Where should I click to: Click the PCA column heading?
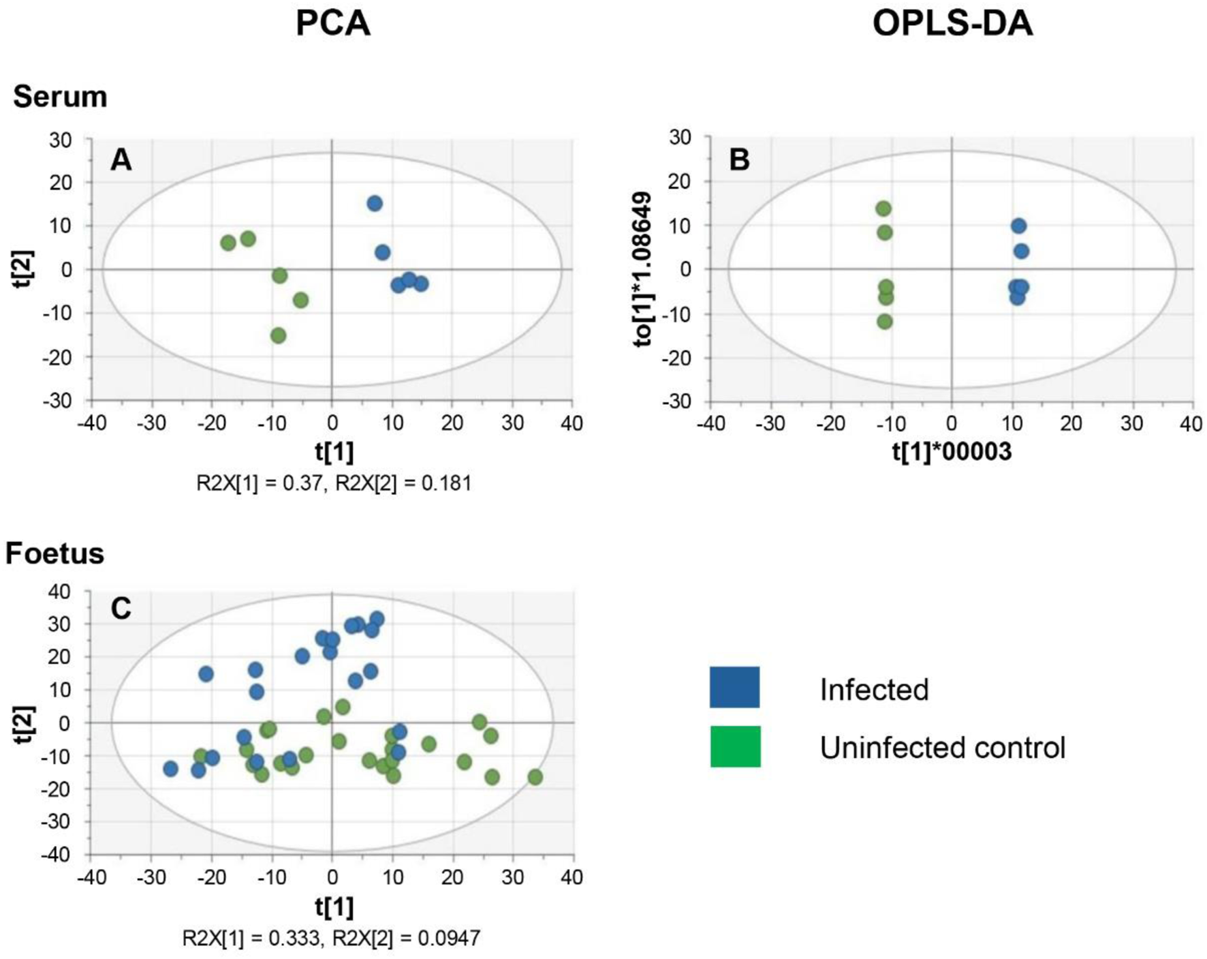[332, 23]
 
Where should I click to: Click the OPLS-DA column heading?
[952, 23]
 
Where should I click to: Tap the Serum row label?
[60, 97]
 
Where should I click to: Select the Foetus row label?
[54, 553]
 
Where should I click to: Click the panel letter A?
[121, 160]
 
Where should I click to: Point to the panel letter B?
[739, 160]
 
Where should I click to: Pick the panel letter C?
[121, 609]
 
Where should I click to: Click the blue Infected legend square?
[734, 687]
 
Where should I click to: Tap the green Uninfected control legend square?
[734, 746]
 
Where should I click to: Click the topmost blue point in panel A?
[375, 203]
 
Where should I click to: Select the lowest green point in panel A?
[278, 335]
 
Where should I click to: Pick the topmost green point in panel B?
[883, 209]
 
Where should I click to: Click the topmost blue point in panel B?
[1018, 226]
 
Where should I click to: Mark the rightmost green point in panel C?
[535, 777]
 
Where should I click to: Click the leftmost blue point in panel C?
[170, 769]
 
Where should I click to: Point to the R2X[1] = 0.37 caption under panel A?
[259, 483]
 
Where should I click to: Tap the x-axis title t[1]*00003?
[952, 451]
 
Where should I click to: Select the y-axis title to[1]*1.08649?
[643, 269]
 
